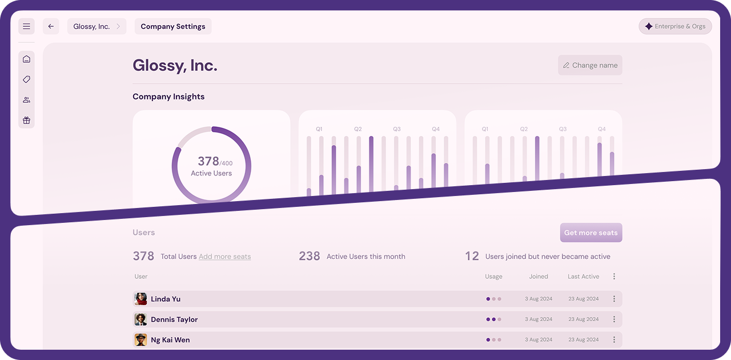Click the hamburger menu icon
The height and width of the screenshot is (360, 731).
pyautogui.click(x=26, y=26)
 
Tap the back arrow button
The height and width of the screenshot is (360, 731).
pyautogui.click(x=51, y=26)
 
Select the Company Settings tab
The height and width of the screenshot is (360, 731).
pyautogui.click(x=173, y=26)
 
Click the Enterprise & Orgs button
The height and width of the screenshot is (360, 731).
pyautogui.click(x=675, y=26)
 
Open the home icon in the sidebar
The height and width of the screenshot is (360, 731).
pyautogui.click(x=26, y=59)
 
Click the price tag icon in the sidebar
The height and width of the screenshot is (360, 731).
pyautogui.click(x=26, y=79)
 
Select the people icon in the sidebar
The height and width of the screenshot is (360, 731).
pyautogui.click(x=26, y=100)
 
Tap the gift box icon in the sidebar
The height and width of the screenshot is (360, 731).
pyautogui.click(x=26, y=120)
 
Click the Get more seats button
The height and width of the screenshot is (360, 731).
pyautogui.click(x=591, y=233)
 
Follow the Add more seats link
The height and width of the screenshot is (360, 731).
pyautogui.click(x=225, y=257)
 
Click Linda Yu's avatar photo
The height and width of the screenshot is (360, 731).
pyautogui.click(x=140, y=299)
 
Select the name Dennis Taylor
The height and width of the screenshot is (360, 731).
pyautogui.click(x=174, y=319)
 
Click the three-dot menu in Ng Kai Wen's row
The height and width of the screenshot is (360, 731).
pyautogui.click(x=614, y=340)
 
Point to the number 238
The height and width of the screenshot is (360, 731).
pyautogui.click(x=310, y=256)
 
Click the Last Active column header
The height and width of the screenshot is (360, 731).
pyautogui.click(x=584, y=277)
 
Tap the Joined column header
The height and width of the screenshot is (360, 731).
pyautogui.click(x=539, y=277)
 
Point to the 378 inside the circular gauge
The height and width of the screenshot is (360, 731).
pyautogui.click(x=208, y=161)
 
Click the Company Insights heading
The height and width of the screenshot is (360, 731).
pyautogui.click(x=168, y=97)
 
